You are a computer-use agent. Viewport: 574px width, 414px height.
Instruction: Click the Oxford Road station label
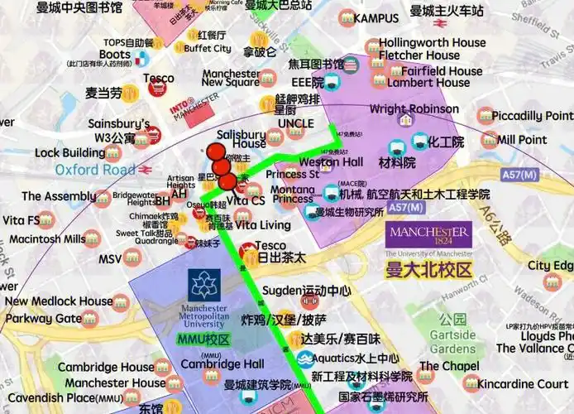[94, 170]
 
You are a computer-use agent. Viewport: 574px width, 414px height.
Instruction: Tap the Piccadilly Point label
[535, 116]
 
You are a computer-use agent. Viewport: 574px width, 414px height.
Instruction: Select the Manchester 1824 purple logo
[428, 236]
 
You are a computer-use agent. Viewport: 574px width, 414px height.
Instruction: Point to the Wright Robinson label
[414, 108]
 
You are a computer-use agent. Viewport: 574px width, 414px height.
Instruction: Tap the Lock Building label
[69, 153]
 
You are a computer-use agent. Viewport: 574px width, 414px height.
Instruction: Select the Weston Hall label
[331, 162]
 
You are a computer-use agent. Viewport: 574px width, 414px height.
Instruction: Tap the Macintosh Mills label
[47, 239]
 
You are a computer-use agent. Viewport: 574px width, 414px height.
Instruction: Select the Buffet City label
[208, 49]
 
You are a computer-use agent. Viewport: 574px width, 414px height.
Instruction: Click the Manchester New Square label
[231, 78]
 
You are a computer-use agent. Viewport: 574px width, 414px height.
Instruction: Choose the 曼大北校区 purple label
[428, 271]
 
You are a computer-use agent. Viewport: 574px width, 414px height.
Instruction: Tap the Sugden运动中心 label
[306, 291]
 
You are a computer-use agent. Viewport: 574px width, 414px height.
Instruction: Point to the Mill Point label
[522, 140]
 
